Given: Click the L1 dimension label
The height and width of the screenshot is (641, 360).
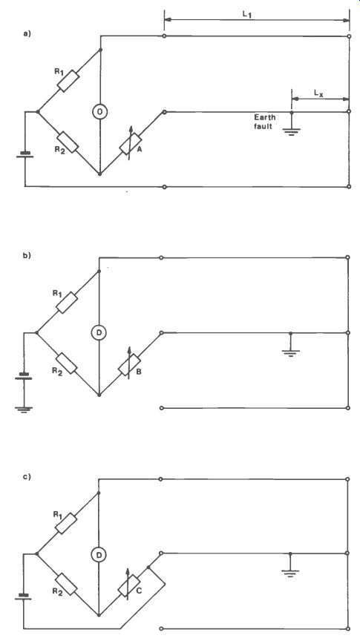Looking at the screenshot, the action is point(247,14).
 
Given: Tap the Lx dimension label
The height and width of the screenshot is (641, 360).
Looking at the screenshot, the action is point(319,93).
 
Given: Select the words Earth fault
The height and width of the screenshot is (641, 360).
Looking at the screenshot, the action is point(264,122).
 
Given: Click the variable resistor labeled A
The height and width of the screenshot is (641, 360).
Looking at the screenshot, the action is point(130,144).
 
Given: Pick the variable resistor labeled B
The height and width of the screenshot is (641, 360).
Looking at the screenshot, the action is point(129,365).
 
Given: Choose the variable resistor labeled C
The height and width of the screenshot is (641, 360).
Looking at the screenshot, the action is point(128,585).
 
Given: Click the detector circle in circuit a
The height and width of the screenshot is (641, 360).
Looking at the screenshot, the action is point(99,111).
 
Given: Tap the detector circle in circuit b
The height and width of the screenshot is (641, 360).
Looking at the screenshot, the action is point(99,333).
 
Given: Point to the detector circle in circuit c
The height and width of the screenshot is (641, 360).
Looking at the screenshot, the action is point(99,554).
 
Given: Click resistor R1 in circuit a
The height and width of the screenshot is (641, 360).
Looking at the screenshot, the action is point(68,81).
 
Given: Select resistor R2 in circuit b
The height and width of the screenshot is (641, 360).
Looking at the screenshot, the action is point(66,364).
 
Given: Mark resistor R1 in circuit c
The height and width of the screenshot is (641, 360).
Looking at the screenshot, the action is point(66,523).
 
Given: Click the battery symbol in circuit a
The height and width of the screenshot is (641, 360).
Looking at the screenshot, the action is point(25,155).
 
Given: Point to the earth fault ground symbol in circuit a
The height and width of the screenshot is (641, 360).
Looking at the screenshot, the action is point(291,131).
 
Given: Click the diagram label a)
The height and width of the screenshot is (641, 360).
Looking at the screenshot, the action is point(27,34).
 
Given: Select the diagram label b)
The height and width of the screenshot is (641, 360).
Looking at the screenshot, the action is point(27,255).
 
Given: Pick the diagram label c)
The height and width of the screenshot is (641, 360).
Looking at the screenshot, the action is point(27,476).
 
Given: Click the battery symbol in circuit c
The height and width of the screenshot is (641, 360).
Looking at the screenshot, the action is point(23,596).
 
